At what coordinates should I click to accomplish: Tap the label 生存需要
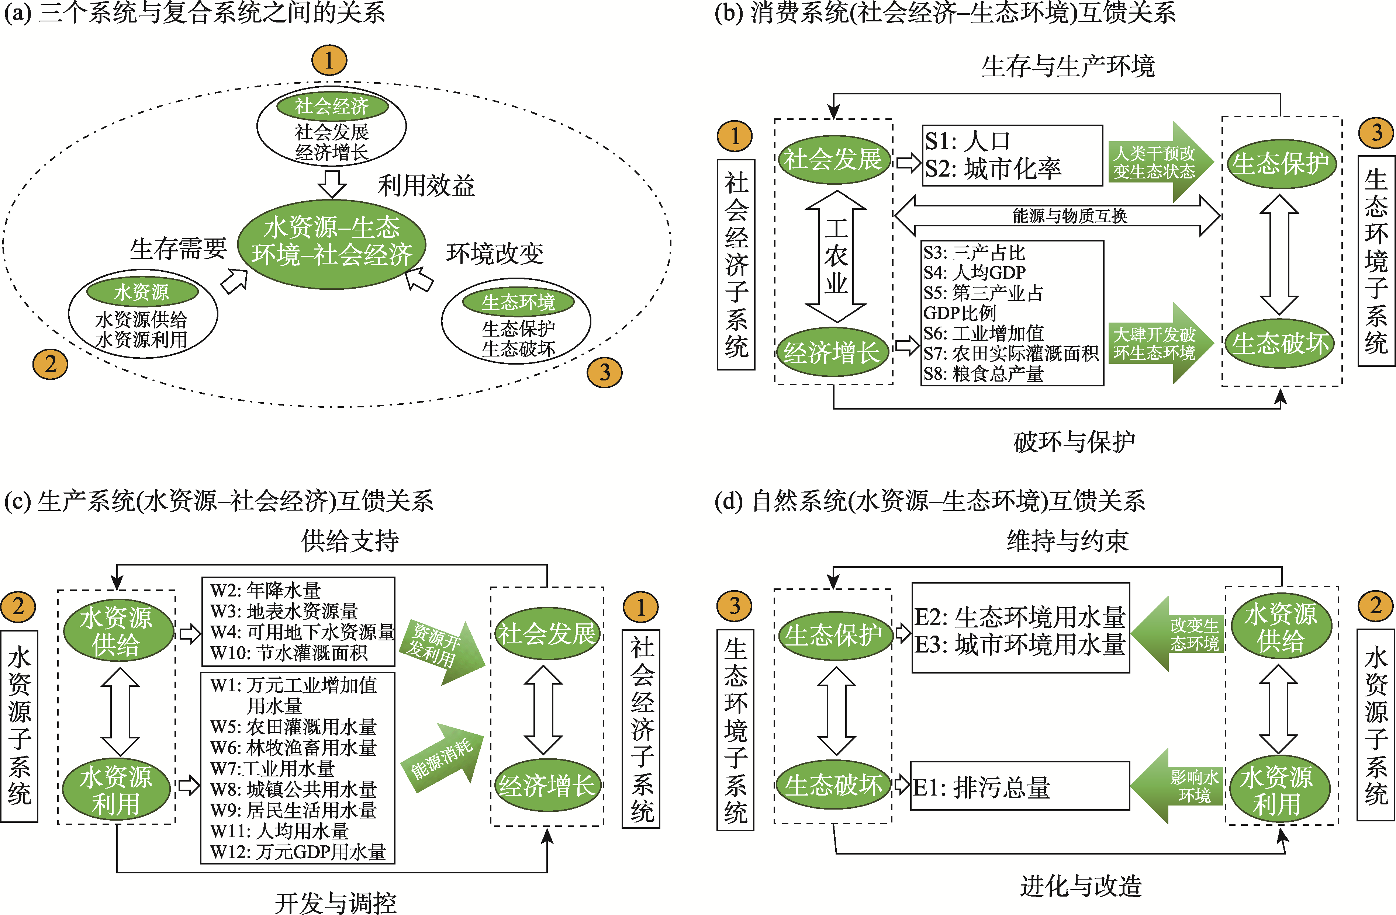[x=178, y=248]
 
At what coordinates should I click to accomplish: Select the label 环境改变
[x=494, y=253]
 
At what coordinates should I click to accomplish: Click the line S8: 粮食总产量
[x=984, y=374]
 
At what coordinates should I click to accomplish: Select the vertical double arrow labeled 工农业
[x=836, y=256]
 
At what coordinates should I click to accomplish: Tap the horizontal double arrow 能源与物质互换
[x=1057, y=216]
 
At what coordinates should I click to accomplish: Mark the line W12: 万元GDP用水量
[x=298, y=852]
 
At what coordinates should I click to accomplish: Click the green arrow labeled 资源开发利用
[x=441, y=651]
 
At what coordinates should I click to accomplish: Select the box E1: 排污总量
[x=1019, y=787]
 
